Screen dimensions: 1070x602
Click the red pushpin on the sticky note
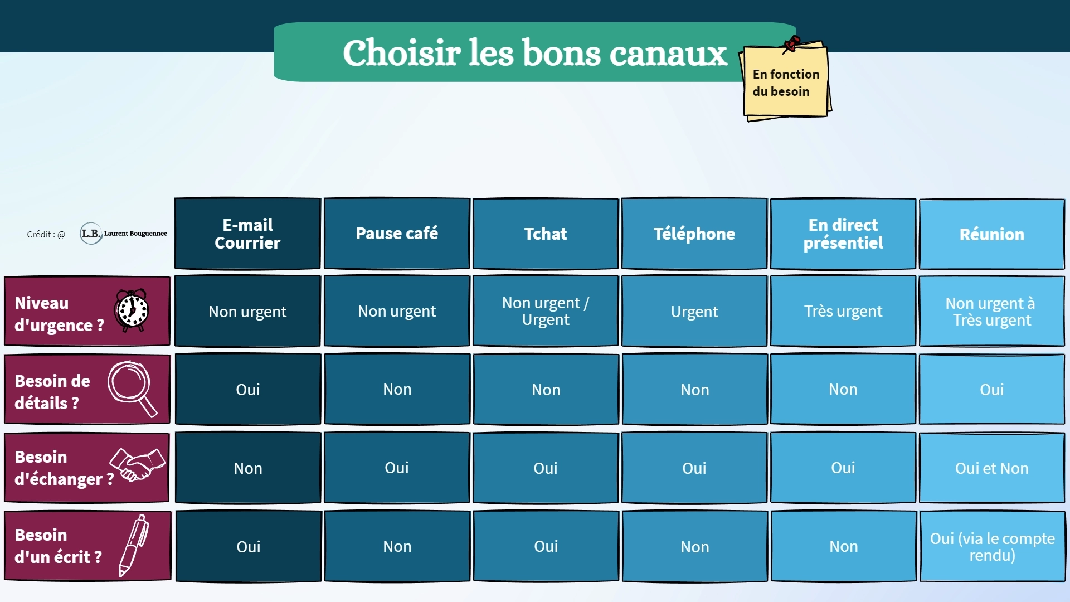791,44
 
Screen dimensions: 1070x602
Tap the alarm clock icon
132,310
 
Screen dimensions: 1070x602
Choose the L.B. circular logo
91,234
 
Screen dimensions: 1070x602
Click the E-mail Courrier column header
247,234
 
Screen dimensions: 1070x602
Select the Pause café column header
397,234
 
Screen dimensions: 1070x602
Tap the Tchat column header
546,234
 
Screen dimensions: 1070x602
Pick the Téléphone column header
694,234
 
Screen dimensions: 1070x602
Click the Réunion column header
992,234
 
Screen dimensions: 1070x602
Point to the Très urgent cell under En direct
843,311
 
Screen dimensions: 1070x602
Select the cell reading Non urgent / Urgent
546,311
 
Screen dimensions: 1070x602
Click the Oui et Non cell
992,468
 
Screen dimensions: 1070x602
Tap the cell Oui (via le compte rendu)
993,546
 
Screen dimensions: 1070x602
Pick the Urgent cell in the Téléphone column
694,311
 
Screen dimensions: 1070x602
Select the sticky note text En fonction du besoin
786,82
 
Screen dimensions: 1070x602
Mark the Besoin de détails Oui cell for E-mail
248,389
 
